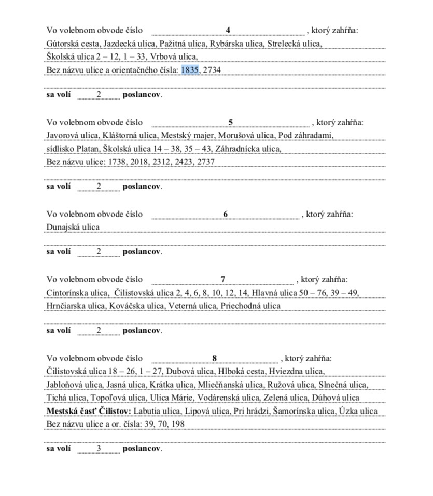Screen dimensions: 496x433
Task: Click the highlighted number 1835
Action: pos(190,69)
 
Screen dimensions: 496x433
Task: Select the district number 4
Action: pos(228,30)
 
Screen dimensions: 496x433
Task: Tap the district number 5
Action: pos(231,123)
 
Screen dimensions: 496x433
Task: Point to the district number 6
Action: pos(226,214)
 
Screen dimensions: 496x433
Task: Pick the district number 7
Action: pos(223,279)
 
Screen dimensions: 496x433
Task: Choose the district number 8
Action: pos(215,358)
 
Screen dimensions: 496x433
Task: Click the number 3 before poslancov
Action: pos(99,448)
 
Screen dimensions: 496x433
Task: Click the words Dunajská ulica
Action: pos(73,227)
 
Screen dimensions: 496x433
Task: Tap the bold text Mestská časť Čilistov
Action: pos(89,411)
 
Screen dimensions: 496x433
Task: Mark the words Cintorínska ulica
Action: pos(75,293)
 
